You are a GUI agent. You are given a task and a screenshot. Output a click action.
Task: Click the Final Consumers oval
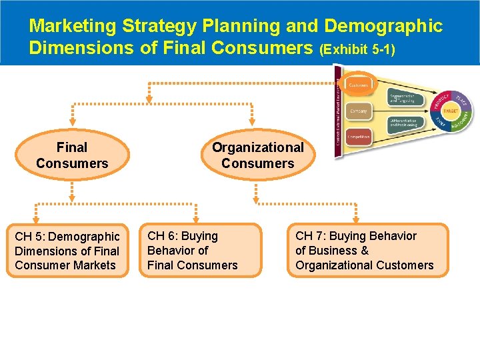72,155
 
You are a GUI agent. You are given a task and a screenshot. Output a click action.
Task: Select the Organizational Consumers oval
257,155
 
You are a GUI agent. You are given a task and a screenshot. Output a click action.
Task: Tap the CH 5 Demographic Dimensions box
67,251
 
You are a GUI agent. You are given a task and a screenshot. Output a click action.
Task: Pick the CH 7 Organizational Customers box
367,251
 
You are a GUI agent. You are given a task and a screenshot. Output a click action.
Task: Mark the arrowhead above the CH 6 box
195,217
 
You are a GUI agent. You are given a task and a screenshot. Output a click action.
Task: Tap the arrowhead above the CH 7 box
355,217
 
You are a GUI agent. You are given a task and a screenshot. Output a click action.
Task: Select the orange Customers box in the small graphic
359,85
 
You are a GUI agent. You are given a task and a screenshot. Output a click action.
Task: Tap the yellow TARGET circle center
451,111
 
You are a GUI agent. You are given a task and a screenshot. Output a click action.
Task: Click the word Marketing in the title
73,26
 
